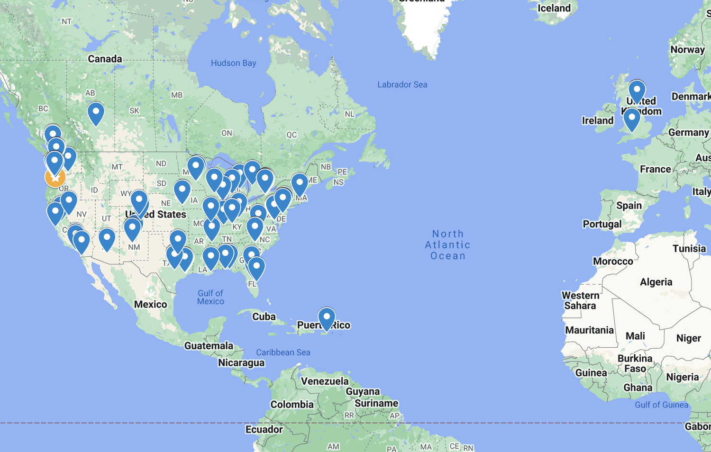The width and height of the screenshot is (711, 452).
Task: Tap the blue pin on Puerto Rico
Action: [x=327, y=318]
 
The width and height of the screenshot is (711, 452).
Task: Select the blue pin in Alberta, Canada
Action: [x=96, y=113]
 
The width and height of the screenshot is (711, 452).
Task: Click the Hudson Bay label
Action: [x=233, y=63]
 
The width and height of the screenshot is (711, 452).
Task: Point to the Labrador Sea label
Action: [x=402, y=85]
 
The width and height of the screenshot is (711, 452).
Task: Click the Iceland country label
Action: [x=554, y=9]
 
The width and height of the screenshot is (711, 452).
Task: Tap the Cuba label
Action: [x=264, y=316]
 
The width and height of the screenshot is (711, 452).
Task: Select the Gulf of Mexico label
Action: [x=210, y=297]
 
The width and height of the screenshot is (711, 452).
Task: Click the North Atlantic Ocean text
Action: [x=447, y=245]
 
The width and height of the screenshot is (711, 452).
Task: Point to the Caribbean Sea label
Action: [x=283, y=353]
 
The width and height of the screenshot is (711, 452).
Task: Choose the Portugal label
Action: [x=602, y=224]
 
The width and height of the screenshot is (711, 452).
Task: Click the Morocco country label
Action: [x=613, y=261]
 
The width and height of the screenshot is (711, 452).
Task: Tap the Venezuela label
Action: [x=325, y=381]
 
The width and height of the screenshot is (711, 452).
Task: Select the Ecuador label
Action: [x=264, y=430]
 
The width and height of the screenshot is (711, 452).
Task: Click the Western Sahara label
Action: [x=580, y=300]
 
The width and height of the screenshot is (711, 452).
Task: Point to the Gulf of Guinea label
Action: [x=661, y=405]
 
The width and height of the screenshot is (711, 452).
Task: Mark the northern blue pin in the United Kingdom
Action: [x=637, y=90]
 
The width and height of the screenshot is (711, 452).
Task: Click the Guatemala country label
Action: [x=209, y=346]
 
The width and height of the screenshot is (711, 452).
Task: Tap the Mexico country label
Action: [x=150, y=305]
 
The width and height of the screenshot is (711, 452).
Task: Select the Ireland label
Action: [x=597, y=121]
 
